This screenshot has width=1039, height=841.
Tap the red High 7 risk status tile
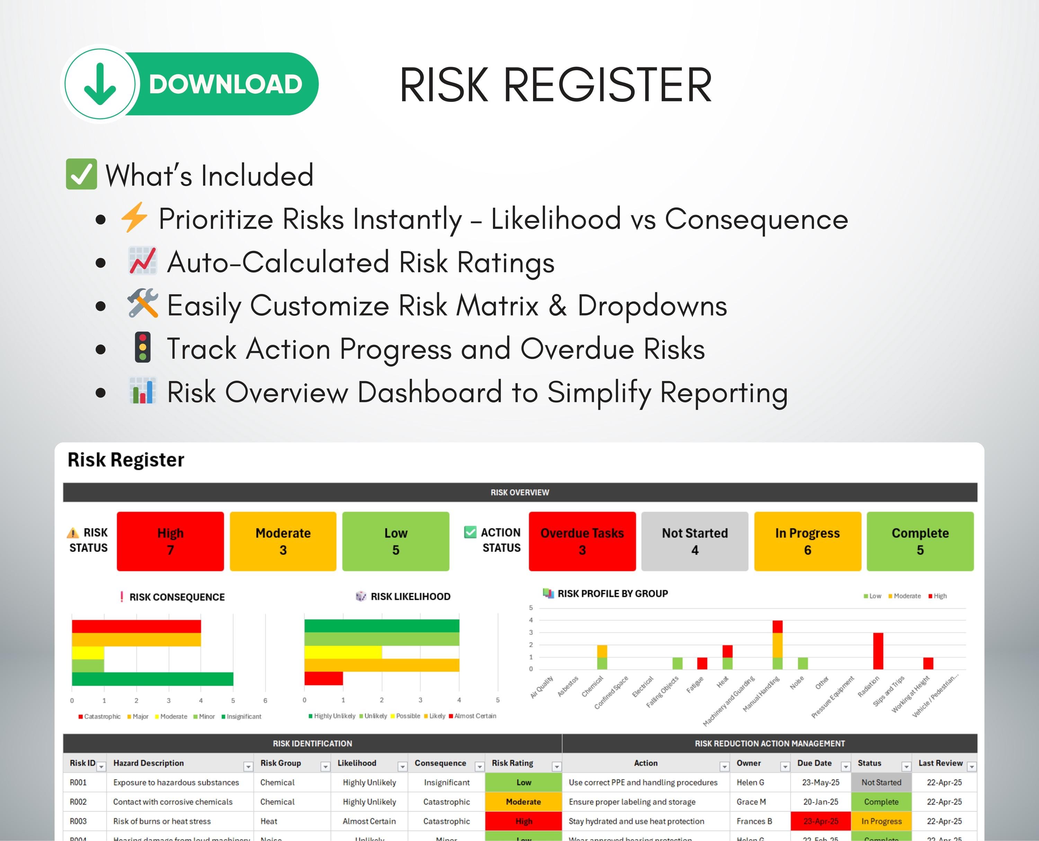170,541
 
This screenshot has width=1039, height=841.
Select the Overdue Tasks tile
582,541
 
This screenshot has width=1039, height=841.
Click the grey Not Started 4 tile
694,541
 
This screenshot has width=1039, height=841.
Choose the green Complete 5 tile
920,541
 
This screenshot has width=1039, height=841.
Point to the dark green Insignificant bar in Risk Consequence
152,679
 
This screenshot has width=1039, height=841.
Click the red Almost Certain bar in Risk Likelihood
323,678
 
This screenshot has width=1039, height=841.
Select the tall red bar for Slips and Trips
878,651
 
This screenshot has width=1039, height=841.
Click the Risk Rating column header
513,763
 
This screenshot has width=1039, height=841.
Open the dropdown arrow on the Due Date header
845,766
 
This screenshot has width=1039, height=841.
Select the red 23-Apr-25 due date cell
820,821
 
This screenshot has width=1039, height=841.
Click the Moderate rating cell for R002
523,802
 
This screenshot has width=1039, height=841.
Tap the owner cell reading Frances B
754,821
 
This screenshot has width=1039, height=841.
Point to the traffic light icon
143,347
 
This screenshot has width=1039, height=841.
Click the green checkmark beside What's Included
81,174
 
